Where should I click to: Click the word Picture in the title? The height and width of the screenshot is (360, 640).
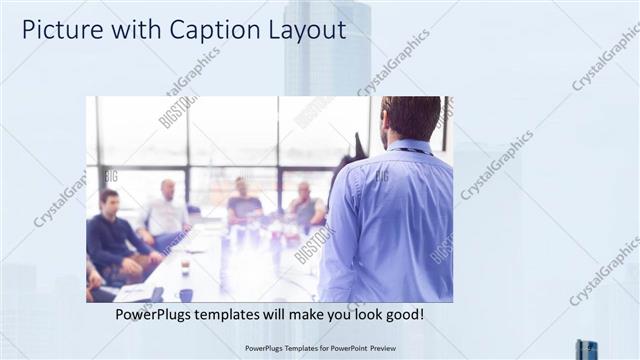(x=57, y=30)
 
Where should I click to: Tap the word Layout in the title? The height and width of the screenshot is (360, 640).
(x=297, y=30)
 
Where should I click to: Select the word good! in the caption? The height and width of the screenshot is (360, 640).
(x=403, y=315)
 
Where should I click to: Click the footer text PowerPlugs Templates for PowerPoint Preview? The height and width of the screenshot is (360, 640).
(x=319, y=349)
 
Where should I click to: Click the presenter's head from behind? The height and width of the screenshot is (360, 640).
(x=411, y=117)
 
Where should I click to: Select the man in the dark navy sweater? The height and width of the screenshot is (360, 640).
(x=111, y=236)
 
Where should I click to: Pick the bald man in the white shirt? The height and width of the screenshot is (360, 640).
(x=165, y=211)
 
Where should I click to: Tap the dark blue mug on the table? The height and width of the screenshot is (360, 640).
(x=186, y=295)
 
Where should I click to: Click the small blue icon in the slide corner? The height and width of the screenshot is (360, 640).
(x=586, y=349)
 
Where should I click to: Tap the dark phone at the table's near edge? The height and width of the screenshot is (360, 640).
(x=156, y=294)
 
